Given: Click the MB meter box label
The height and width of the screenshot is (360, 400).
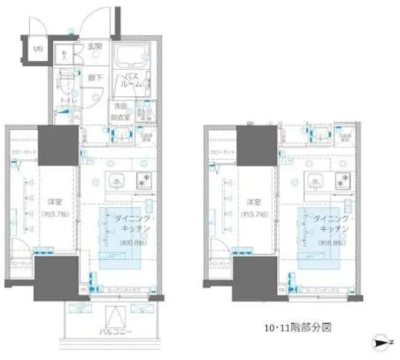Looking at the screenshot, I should coord(37,52).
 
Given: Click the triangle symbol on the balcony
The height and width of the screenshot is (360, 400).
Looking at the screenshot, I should coord(115,315).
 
